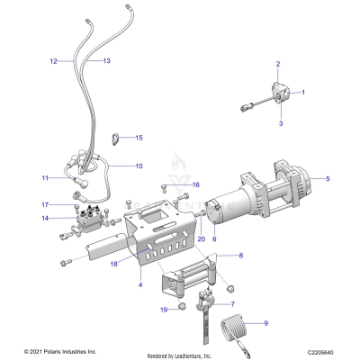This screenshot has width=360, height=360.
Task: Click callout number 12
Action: [x=53, y=61]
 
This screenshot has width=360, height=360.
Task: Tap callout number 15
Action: [x=139, y=138]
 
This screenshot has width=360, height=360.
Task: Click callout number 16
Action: [x=194, y=184]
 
